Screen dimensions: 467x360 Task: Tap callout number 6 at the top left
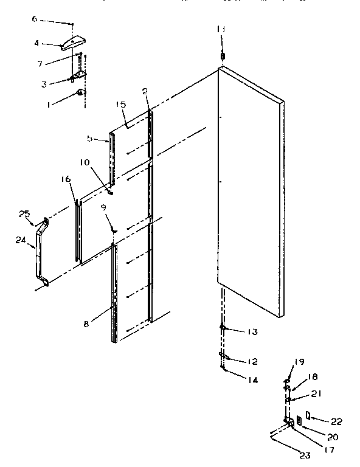35,19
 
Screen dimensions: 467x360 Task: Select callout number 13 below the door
253,331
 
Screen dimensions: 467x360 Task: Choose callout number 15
120,105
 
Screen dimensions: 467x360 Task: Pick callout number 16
66,179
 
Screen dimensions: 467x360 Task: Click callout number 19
300,362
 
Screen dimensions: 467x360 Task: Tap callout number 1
50,104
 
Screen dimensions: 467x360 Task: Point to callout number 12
252,362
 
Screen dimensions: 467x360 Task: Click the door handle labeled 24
41,251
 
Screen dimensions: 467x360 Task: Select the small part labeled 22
309,416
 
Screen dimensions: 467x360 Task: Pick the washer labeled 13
223,328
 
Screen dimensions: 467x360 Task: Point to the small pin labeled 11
222,56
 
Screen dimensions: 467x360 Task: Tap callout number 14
252,380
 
